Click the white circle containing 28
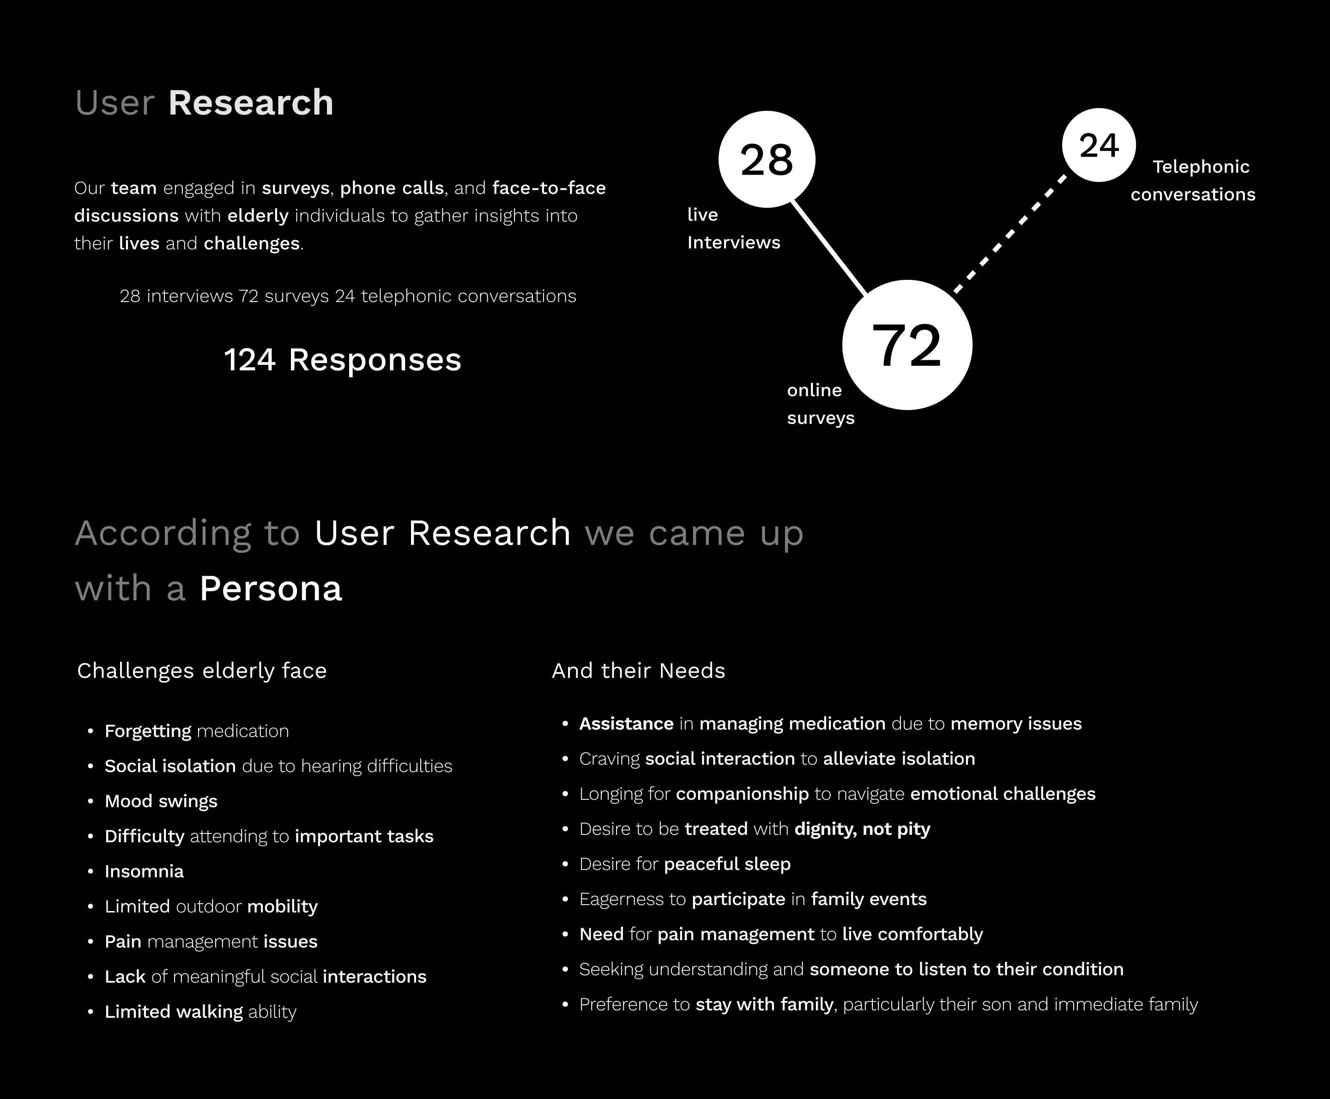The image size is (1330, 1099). (767, 159)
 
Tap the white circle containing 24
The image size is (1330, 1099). (1098, 145)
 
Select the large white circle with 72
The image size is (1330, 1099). (907, 345)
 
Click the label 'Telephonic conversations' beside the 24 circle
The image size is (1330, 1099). (1193, 181)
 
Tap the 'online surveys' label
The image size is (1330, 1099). (821, 404)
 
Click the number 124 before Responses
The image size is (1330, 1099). (249, 360)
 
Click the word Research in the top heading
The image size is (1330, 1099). (251, 103)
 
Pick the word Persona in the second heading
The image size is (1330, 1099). (271, 588)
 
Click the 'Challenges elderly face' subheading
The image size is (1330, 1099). (202, 670)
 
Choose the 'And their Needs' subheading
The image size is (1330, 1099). (638, 670)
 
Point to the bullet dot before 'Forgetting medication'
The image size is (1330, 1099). (91, 731)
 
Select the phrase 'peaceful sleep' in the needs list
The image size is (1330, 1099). (727, 864)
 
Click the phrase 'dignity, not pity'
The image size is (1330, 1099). (862, 829)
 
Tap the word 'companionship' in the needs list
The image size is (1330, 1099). (742, 794)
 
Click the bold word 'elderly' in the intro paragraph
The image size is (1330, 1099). (258, 216)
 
